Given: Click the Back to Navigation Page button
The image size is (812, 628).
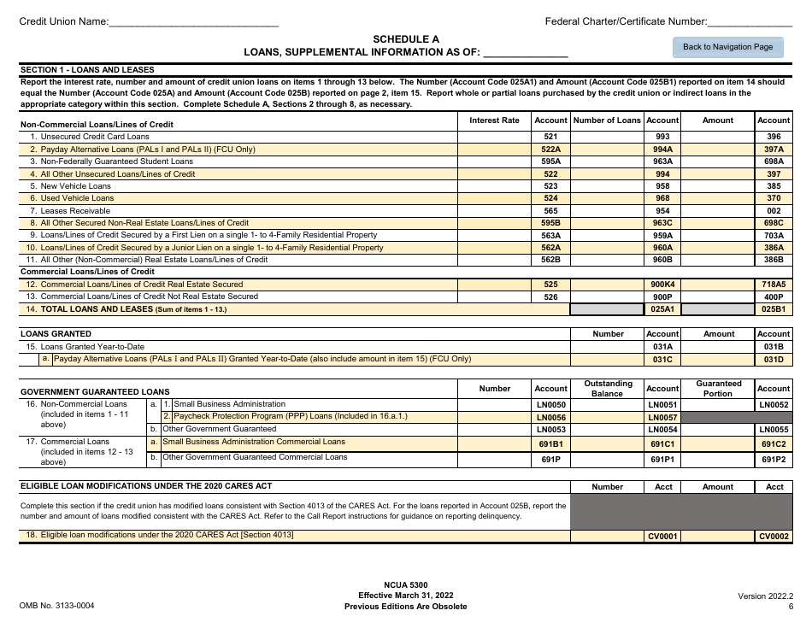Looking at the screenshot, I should pos(727,47).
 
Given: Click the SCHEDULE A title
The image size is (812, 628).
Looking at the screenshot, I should pos(406,39).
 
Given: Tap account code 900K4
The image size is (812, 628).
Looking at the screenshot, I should pos(662,285).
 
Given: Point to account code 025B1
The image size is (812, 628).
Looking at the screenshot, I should pos(774,309).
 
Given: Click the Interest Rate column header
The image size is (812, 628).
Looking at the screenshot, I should pos(494,120).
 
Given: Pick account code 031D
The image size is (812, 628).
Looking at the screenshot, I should pos(774,360).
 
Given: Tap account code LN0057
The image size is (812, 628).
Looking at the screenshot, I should pos(662,417).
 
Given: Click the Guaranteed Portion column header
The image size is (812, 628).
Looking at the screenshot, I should pos(718,389).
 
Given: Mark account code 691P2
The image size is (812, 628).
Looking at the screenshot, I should pos(774,460).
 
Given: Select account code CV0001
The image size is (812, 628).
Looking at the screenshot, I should pos(662,537).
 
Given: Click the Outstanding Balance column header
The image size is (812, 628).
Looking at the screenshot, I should pos(607,389).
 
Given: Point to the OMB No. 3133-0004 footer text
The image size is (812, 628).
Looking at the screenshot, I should pos(56,607).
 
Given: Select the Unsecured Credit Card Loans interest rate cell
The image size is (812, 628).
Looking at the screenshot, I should pos(494,137).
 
